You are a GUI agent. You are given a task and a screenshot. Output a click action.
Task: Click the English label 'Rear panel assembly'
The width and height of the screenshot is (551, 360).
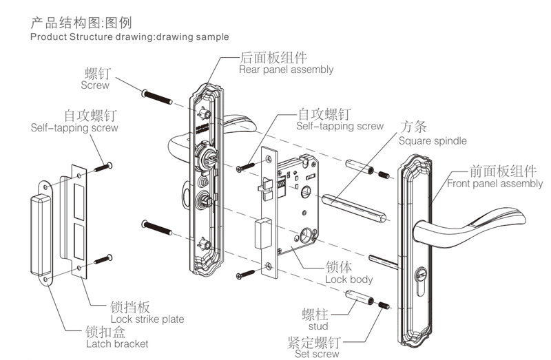point(286,70)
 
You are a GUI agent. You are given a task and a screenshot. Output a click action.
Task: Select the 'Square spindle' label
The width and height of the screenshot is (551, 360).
point(432,141)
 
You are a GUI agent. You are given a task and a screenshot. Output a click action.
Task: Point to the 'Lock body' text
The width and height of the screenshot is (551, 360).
point(349,279)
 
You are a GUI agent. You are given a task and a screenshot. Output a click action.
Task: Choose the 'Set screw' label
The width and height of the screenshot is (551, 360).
point(317,354)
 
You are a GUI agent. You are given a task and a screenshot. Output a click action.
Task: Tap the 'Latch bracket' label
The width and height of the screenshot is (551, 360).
point(116,343)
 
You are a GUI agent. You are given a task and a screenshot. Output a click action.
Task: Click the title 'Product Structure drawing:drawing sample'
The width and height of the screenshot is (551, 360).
point(129,36)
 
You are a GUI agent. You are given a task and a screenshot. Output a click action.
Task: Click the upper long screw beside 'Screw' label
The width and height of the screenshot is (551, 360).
point(156,96)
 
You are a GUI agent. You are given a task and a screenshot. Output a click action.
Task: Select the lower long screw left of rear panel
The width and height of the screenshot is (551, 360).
point(157,228)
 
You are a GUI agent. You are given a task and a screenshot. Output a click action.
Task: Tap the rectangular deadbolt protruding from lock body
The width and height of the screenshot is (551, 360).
point(261,232)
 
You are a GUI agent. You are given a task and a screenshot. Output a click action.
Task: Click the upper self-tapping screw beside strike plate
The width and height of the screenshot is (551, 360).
point(103,166)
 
